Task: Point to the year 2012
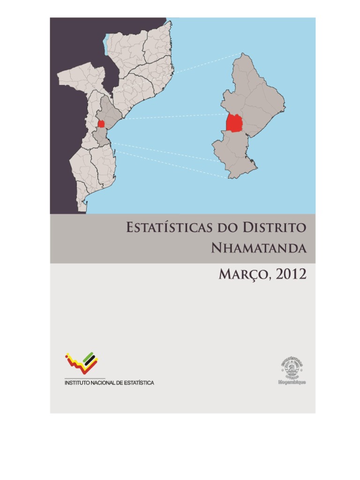tap(292, 274)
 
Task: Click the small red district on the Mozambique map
tap(101, 124)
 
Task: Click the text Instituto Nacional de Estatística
tap(109, 383)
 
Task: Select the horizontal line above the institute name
tap(84, 378)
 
